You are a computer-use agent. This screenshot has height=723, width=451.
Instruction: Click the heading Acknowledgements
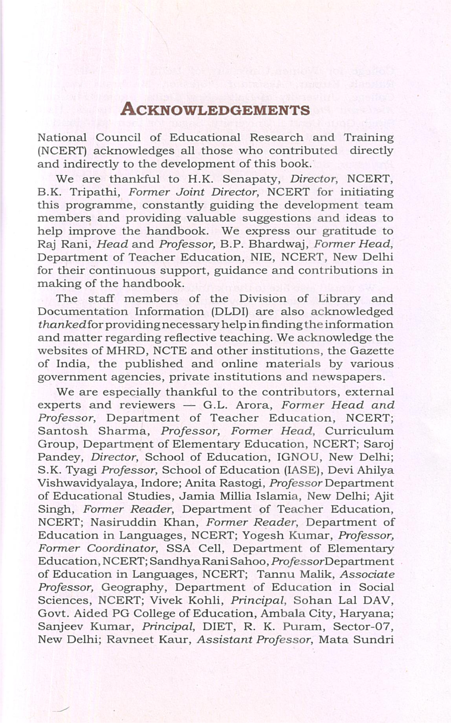215,109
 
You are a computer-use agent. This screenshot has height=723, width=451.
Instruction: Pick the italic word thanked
62,325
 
